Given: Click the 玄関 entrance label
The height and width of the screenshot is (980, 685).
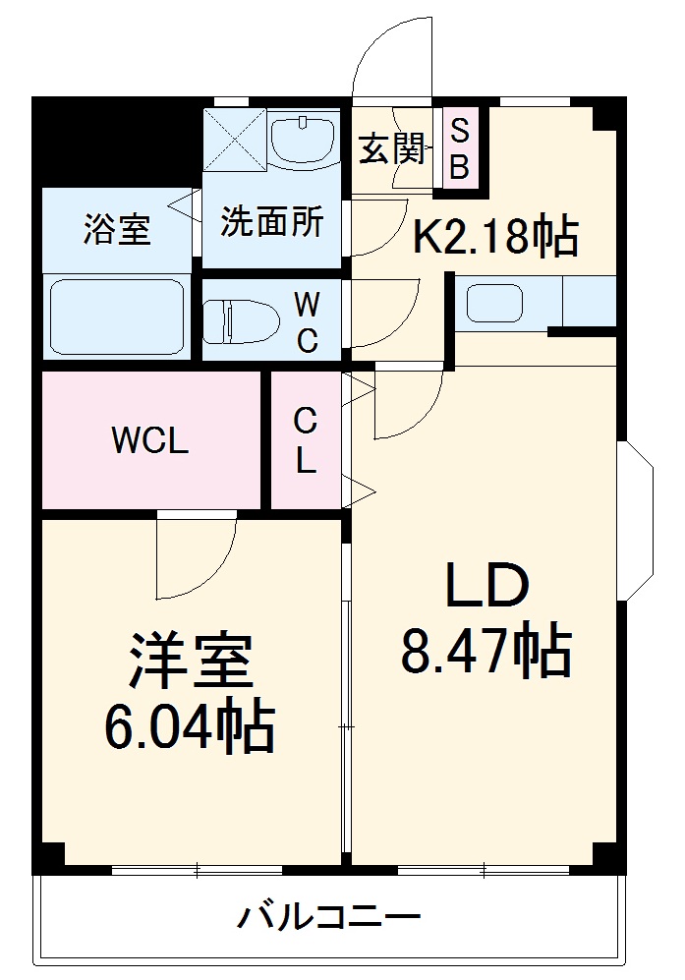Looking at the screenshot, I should pos(391,148).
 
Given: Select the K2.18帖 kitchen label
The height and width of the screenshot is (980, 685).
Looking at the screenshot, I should pos(494,236).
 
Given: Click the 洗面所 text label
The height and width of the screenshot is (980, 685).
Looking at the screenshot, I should pos(270,222).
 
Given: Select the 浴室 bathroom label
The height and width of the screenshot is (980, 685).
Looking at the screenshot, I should pos(117,230).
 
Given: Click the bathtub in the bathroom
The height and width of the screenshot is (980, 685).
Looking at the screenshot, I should pos(118,317).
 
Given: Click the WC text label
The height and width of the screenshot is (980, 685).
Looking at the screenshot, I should pos(308,322).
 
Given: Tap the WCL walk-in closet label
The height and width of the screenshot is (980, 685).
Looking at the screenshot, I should pos(149,441).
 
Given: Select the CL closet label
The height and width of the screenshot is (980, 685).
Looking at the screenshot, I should pos(306,440).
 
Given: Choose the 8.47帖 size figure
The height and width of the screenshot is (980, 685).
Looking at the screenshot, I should pos(485,652).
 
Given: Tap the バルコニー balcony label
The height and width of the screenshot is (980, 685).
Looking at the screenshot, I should pos(328,919).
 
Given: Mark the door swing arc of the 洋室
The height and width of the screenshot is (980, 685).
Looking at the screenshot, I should pos(201,560).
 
